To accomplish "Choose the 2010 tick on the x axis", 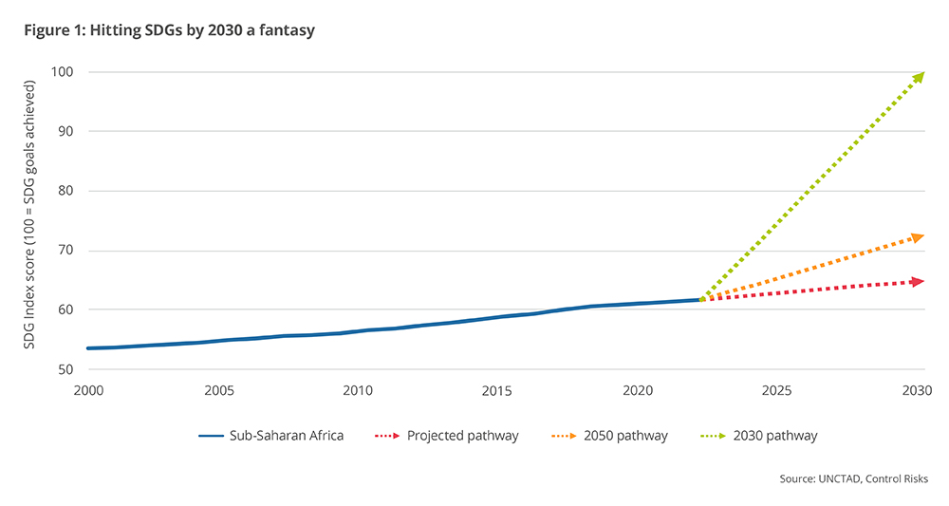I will (357, 390).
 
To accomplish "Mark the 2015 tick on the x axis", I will (496, 390).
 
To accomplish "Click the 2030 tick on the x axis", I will (916, 390).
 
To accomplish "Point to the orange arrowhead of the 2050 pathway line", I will (918, 236).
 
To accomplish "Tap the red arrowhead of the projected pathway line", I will (918, 281).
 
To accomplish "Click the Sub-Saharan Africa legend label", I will (285, 436).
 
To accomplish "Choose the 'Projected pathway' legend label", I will (462, 436).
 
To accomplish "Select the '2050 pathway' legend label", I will (626, 436).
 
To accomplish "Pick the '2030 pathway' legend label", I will (775, 436).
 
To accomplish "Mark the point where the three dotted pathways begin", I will (701, 299).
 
